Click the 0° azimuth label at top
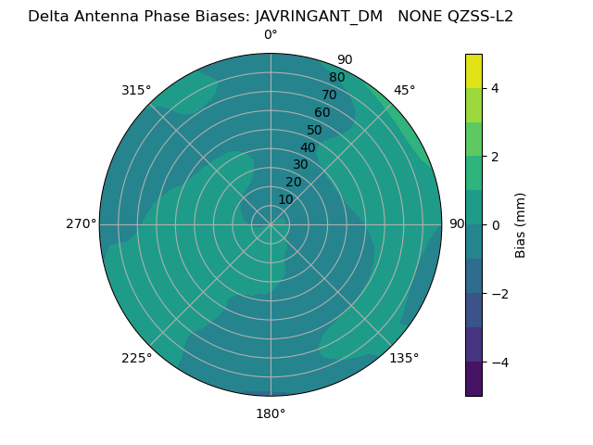coord(271,35)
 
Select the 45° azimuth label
coord(404,90)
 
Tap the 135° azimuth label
coord(404,358)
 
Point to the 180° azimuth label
coord(271,413)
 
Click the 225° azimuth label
coord(136,358)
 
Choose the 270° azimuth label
coord(81,224)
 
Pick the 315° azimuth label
coord(136,90)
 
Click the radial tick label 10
coord(285,199)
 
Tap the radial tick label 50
coord(315,131)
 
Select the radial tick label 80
coord(337,78)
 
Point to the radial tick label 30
coord(300,165)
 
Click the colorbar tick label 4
coord(495,88)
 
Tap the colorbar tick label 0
coord(495,225)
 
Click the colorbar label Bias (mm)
coord(521,225)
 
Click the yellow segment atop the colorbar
coord(473,71)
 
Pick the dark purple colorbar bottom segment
coord(473,379)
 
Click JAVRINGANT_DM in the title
coord(319,16)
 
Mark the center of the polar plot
coord(271,224)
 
